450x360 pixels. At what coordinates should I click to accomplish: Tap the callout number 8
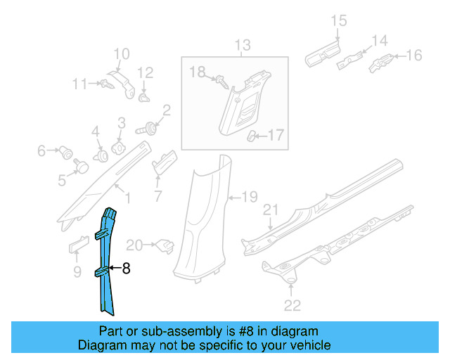click(127, 268)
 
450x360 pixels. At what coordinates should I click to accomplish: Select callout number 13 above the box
click(242, 47)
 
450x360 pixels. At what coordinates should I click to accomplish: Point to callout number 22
click(292, 304)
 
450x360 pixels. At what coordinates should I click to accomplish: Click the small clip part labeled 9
click(77, 244)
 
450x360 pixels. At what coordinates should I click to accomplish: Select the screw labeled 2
click(150, 129)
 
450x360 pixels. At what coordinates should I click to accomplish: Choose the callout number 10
click(122, 53)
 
